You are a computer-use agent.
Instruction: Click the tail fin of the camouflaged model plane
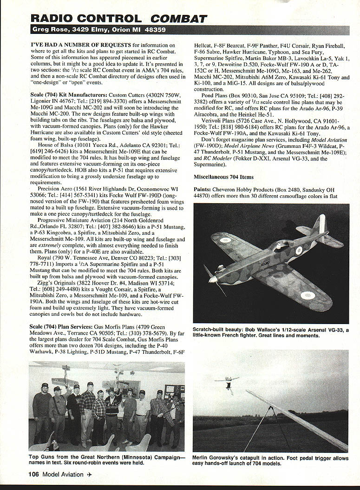319,226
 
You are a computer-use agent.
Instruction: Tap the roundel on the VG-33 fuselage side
298,250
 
